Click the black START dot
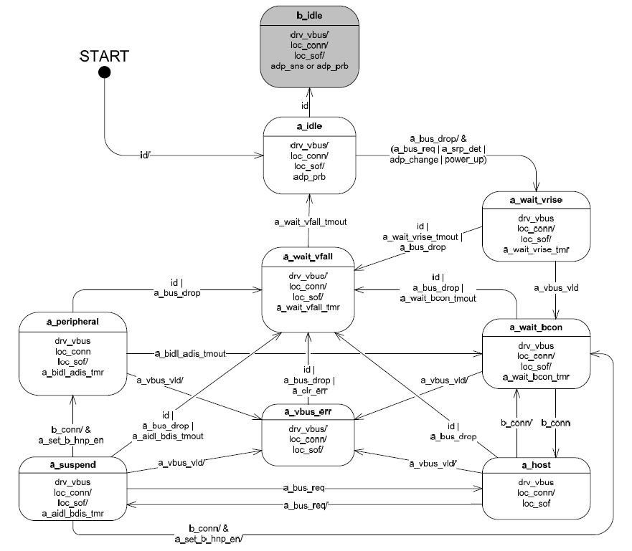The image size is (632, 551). point(105,72)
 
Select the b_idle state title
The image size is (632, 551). point(310,14)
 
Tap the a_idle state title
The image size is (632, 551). point(310,127)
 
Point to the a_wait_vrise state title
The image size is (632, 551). point(535,201)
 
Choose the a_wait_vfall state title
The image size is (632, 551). point(310,257)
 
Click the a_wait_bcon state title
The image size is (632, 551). point(535,327)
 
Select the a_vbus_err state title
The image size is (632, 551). point(310,411)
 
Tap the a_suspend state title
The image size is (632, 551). point(73,466)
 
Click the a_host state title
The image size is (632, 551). point(535,466)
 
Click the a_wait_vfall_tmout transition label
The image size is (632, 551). point(310,222)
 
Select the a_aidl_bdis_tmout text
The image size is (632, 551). point(168,436)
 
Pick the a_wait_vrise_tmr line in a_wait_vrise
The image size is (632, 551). point(535,249)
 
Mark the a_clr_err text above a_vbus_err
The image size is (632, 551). point(310,391)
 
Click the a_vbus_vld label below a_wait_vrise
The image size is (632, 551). point(557,287)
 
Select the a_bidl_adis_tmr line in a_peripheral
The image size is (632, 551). point(73,373)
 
